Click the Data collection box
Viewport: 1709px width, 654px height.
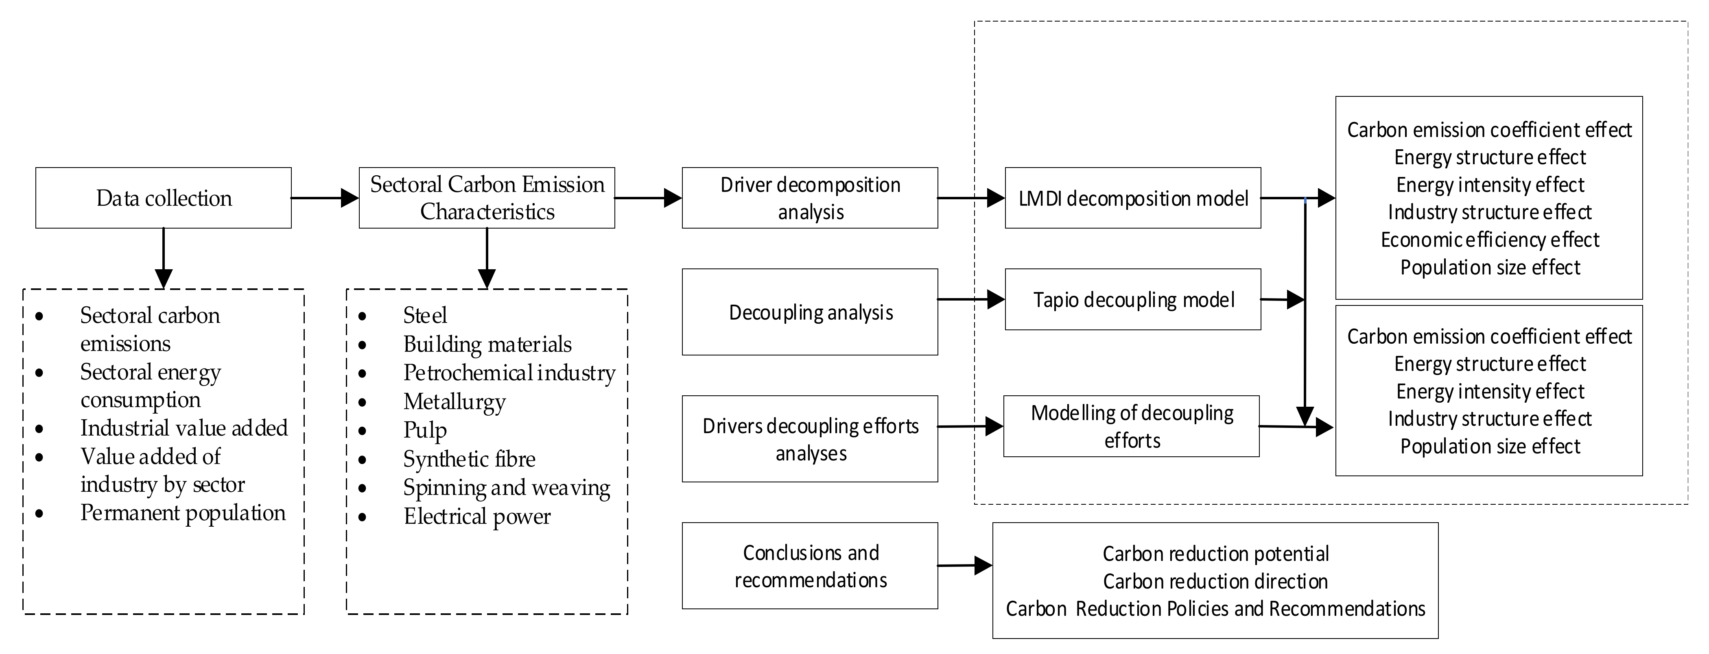(x=163, y=198)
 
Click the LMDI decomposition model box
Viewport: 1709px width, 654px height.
(x=1132, y=198)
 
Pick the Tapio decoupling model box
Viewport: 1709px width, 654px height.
(x=1132, y=299)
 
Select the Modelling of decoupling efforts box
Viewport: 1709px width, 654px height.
(x=1131, y=426)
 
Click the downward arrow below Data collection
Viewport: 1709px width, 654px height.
(x=163, y=259)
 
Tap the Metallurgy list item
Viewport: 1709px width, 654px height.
(x=455, y=401)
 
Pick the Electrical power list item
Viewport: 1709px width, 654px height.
(x=477, y=516)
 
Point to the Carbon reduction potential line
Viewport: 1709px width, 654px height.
(x=1215, y=553)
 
